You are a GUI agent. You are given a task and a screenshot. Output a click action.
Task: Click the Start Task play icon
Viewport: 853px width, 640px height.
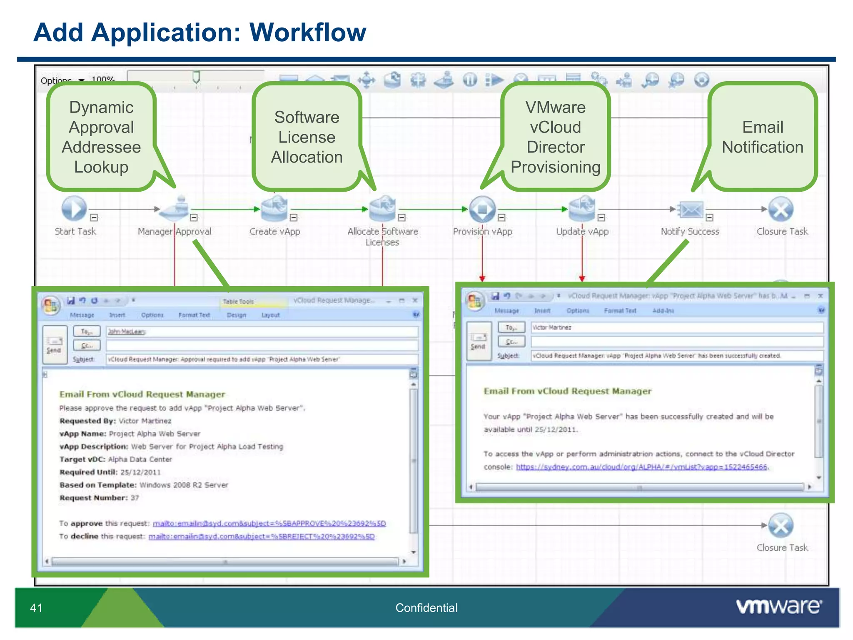74,209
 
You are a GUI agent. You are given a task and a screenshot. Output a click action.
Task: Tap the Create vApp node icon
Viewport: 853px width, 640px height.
274,209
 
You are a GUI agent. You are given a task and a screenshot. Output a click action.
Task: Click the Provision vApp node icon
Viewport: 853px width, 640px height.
482,209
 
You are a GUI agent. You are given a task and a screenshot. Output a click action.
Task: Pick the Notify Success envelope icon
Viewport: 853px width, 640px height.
691,210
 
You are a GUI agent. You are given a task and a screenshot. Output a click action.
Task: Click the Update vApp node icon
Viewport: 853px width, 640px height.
582,209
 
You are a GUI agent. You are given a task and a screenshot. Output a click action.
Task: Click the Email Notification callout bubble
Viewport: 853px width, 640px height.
762,137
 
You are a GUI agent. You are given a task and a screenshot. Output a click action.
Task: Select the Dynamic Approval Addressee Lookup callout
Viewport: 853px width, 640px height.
101,137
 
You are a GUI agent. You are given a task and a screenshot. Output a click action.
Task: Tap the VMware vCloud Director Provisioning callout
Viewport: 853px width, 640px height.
555,137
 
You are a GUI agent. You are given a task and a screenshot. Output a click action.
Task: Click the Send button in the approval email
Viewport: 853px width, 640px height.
55,345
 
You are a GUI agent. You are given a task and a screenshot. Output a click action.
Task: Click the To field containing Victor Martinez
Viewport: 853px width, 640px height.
677,327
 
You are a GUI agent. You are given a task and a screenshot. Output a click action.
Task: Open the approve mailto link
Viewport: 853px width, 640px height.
269,523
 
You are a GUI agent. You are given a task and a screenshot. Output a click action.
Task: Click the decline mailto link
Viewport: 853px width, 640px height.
262,536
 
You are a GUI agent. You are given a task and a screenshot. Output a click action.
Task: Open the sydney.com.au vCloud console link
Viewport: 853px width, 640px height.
641,467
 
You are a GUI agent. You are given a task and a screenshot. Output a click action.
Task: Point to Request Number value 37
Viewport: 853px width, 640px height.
135,498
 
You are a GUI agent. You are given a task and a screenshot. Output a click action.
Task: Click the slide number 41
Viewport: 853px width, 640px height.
36,608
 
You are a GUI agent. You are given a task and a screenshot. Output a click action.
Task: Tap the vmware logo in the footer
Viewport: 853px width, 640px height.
779,606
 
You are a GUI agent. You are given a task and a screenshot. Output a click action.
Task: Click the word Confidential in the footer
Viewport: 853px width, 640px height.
426,608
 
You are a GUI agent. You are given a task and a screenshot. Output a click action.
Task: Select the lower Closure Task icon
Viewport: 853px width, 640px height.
781,525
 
